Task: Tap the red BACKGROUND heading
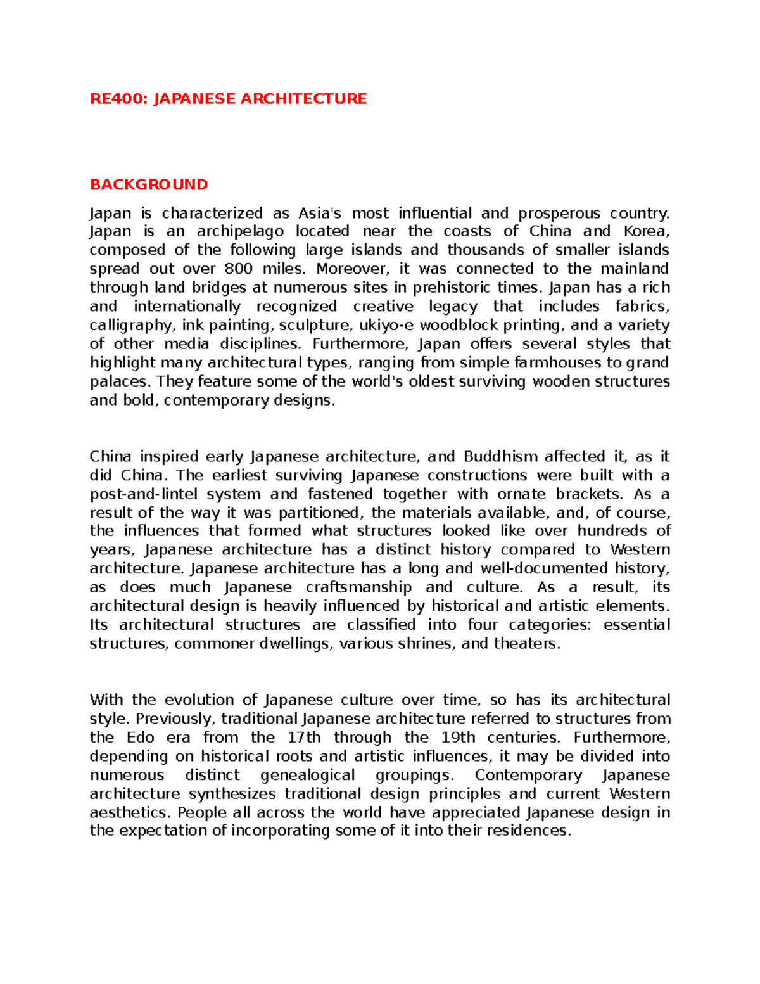click(x=149, y=184)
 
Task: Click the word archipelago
click(x=240, y=232)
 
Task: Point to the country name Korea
click(x=645, y=231)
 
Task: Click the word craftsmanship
click(x=358, y=587)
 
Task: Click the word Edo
click(x=140, y=738)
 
